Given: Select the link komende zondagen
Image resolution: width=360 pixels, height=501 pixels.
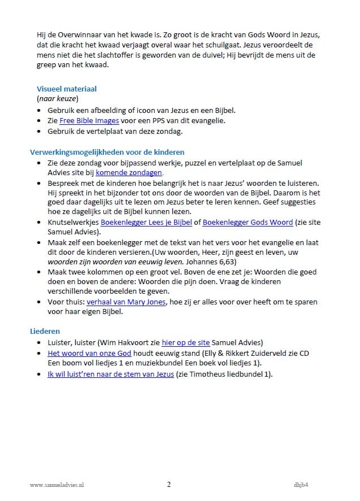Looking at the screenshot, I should (129, 172).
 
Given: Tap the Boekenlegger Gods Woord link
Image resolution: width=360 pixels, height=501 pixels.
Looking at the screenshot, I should (248, 223).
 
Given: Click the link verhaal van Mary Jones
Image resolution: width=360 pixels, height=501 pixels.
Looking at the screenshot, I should (126, 302).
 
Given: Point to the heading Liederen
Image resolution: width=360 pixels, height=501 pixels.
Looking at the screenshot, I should (45, 331).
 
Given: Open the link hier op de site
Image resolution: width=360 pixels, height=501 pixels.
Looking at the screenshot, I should (185, 342).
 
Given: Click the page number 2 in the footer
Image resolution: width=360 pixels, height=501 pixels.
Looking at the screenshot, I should (168, 484).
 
